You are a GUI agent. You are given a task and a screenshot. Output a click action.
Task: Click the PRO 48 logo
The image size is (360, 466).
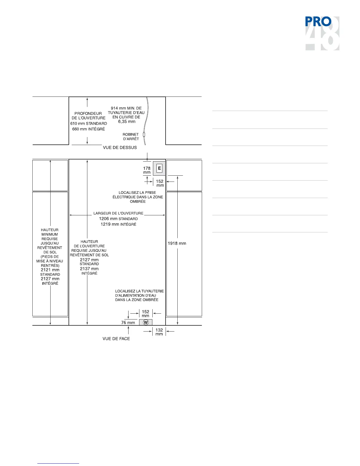click(x=322, y=33)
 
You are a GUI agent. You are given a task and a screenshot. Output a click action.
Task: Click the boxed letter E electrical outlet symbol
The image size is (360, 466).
click(x=159, y=168)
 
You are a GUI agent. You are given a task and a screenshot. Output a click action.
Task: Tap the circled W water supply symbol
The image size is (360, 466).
click(x=146, y=322)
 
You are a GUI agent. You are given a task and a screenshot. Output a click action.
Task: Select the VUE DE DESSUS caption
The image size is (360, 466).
click(x=120, y=147)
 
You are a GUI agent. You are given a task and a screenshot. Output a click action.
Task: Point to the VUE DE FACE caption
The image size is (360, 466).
click(x=116, y=339)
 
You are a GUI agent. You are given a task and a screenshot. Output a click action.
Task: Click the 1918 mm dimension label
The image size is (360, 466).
click(x=177, y=243)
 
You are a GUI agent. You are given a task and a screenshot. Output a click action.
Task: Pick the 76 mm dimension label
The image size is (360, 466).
click(x=128, y=322)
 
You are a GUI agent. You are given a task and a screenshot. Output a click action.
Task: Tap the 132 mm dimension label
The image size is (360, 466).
click(x=159, y=332)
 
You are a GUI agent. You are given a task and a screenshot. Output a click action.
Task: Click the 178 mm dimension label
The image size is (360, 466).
click(x=147, y=170)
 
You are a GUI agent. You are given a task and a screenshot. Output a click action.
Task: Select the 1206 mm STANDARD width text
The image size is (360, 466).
click(x=118, y=219)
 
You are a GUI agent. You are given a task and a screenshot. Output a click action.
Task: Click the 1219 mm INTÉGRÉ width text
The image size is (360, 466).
click(x=118, y=224)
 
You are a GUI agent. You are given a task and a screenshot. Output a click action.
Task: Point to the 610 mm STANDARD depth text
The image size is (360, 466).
click(x=89, y=124)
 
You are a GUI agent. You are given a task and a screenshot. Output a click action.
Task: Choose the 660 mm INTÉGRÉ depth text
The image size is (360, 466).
click(x=89, y=129)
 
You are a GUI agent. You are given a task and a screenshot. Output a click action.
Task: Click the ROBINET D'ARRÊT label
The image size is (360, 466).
click(x=131, y=137)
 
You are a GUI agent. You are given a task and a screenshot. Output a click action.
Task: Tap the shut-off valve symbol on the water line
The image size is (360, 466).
click(x=144, y=135)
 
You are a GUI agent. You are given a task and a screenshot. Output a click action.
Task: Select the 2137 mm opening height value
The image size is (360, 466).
click(x=89, y=269)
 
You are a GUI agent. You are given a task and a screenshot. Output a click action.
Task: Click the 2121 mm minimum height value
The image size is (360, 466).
click(x=50, y=270)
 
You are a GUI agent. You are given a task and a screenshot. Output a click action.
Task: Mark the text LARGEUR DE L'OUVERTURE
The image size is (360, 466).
click(x=118, y=213)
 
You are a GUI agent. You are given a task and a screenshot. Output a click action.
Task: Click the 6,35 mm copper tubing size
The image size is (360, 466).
click(x=127, y=122)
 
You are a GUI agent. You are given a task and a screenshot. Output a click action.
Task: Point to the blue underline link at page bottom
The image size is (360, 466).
click(x=58, y=463)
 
